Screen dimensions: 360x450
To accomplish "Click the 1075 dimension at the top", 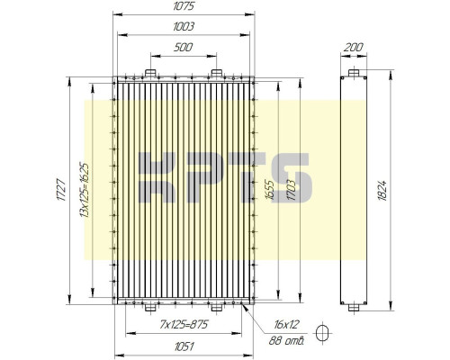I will [x=184, y=7].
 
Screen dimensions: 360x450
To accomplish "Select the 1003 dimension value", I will [x=184, y=27].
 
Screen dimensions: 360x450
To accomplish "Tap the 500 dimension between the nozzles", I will [x=184, y=47].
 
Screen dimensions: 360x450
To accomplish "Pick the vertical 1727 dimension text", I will [x=61, y=191].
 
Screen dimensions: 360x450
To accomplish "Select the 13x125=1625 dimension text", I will [x=84, y=191].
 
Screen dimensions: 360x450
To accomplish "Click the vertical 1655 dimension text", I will [x=269, y=191].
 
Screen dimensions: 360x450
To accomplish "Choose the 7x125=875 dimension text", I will [x=184, y=324].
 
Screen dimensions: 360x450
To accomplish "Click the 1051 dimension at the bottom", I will [x=184, y=344].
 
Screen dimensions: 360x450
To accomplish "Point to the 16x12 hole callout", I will [x=282, y=324].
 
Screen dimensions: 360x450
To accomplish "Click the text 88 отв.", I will [x=287, y=340].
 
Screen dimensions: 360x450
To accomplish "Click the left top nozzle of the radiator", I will [x=150, y=73].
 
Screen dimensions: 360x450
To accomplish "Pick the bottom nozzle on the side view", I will [x=354, y=308].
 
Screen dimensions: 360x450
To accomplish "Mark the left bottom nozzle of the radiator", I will [x=150, y=308].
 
